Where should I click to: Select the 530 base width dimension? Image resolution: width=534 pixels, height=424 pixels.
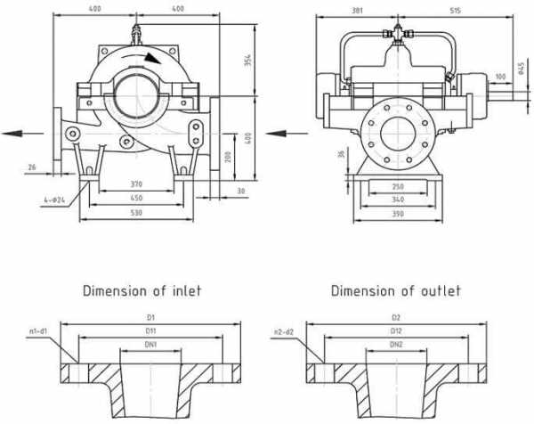136,214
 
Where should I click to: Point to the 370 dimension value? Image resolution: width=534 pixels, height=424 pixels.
136,184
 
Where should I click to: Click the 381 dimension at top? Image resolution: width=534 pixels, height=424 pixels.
357,10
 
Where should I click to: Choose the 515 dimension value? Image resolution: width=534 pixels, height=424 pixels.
455,10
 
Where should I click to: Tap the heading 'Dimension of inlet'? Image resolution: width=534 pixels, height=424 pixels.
142,290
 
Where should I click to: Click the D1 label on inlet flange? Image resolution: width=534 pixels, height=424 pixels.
150,316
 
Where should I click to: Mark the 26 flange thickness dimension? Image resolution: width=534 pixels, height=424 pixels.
32,167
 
